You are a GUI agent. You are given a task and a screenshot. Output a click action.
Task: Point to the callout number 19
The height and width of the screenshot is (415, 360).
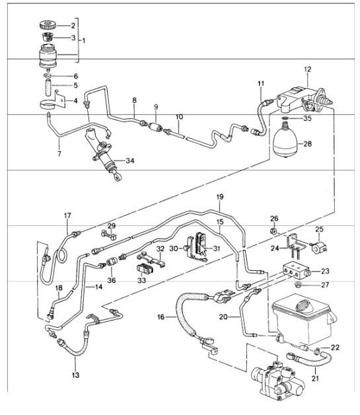(x=220, y=197)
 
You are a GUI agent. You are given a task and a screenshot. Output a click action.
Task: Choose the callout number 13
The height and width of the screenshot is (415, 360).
(x=75, y=375)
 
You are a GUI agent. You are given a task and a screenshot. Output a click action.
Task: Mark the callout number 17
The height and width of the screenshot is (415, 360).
(x=67, y=215)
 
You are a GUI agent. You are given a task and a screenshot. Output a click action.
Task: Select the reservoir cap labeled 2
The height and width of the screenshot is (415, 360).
(x=50, y=25)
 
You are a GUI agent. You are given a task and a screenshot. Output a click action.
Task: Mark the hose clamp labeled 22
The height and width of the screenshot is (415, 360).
(x=319, y=348)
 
